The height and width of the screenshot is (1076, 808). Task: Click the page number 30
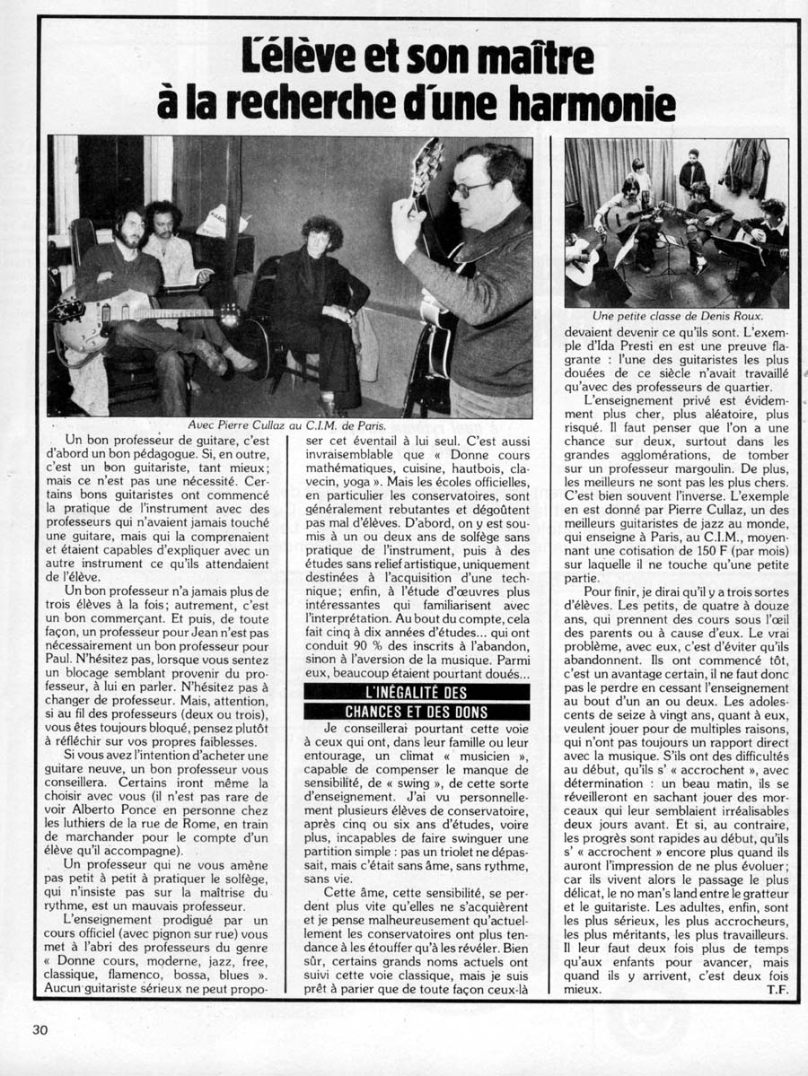point(40,1030)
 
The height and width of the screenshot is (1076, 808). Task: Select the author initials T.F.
point(777,989)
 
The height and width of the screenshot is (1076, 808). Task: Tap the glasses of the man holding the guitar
point(471,188)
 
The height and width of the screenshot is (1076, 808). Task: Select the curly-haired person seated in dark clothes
point(319,287)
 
